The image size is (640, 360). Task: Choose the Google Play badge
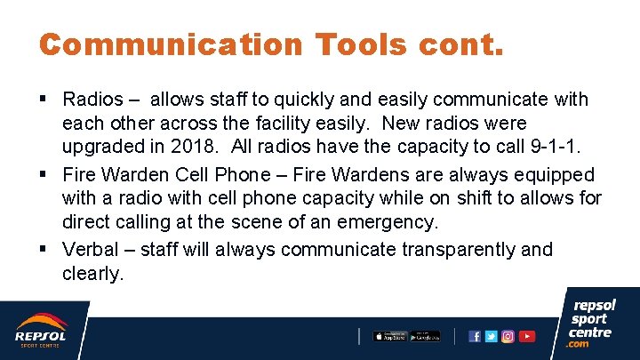pos(426,336)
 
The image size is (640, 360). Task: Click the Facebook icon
pos(475,336)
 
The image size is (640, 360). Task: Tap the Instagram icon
pos(508,336)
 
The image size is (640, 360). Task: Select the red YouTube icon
pos(527,336)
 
